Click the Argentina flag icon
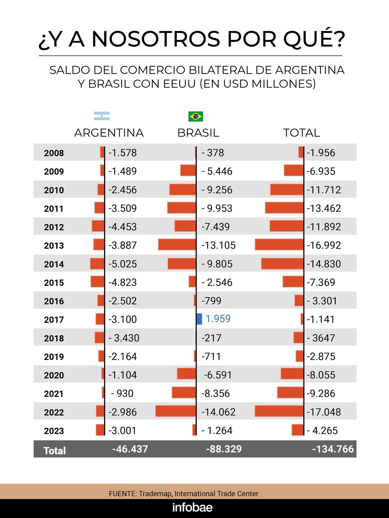101,116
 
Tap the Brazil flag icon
195,116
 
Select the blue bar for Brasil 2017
199,319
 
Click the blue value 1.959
218,319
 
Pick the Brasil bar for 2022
175,411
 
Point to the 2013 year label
54,246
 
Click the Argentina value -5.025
123,264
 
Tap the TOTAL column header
301,133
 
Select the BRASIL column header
198,133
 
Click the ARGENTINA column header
109,133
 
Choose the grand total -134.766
333,449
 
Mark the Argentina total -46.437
130,449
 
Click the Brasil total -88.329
224,449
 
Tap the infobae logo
192,507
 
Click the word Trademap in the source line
156,494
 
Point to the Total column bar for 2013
279,245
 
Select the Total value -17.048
324,412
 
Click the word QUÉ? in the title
314,39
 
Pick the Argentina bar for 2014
97,264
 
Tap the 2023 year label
54,431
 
